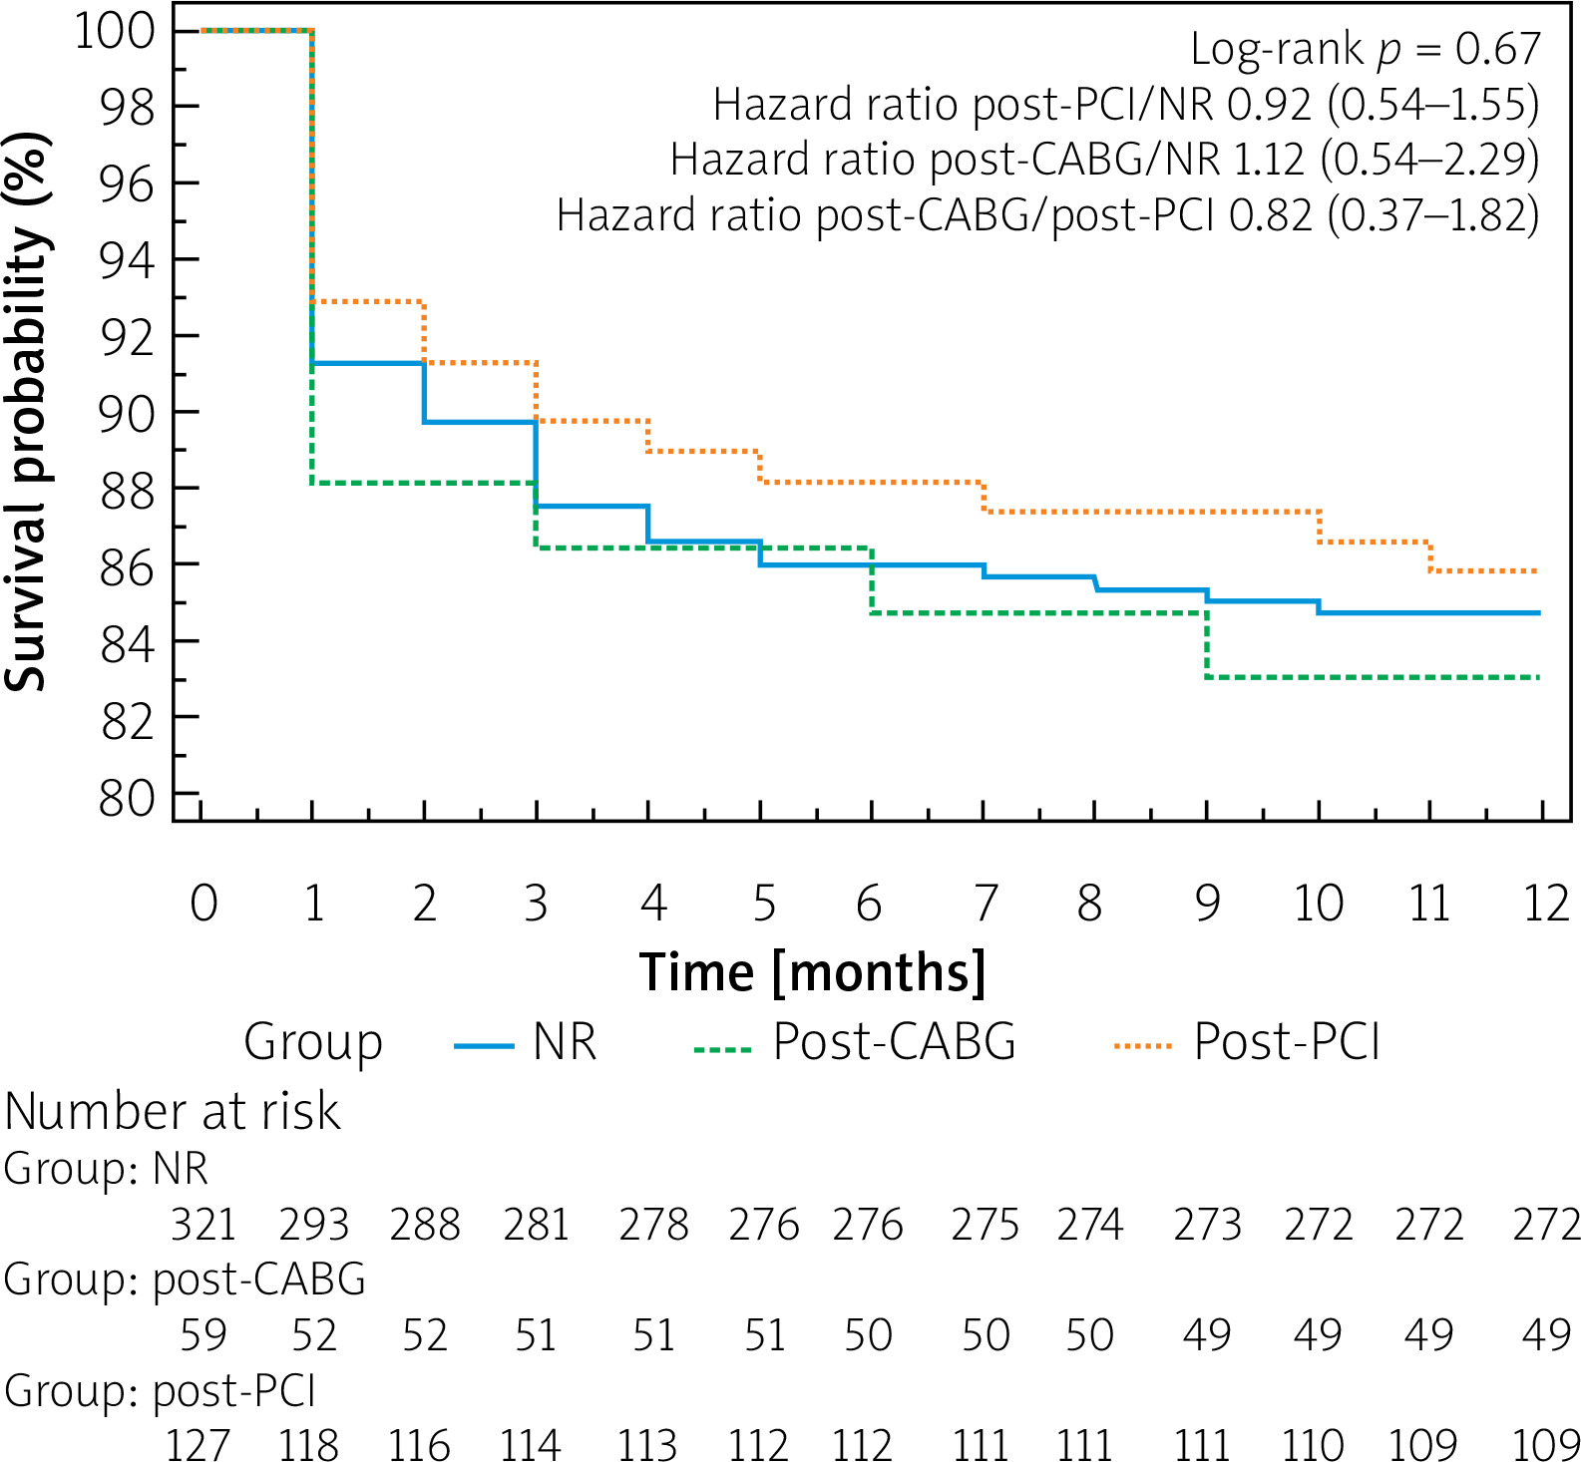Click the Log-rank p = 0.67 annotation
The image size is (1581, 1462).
click(x=1366, y=49)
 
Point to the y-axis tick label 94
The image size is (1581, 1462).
click(x=129, y=261)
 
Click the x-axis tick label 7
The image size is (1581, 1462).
click(x=986, y=904)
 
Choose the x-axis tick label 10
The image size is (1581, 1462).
click(x=1319, y=904)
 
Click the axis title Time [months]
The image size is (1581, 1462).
click(x=813, y=972)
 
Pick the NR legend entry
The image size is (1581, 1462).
click(x=565, y=1043)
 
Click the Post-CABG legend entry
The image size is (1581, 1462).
click(x=894, y=1043)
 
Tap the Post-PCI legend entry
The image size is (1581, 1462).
click(x=1287, y=1043)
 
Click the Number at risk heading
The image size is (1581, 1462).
click(x=173, y=1112)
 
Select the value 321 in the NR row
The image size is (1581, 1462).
click(x=203, y=1225)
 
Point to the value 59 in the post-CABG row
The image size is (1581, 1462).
click(x=203, y=1335)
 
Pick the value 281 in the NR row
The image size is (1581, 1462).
click(x=536, y=1225)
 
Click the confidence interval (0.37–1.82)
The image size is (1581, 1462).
click(x=1432, y=214)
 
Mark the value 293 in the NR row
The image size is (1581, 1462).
click(x=314, y=1225)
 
